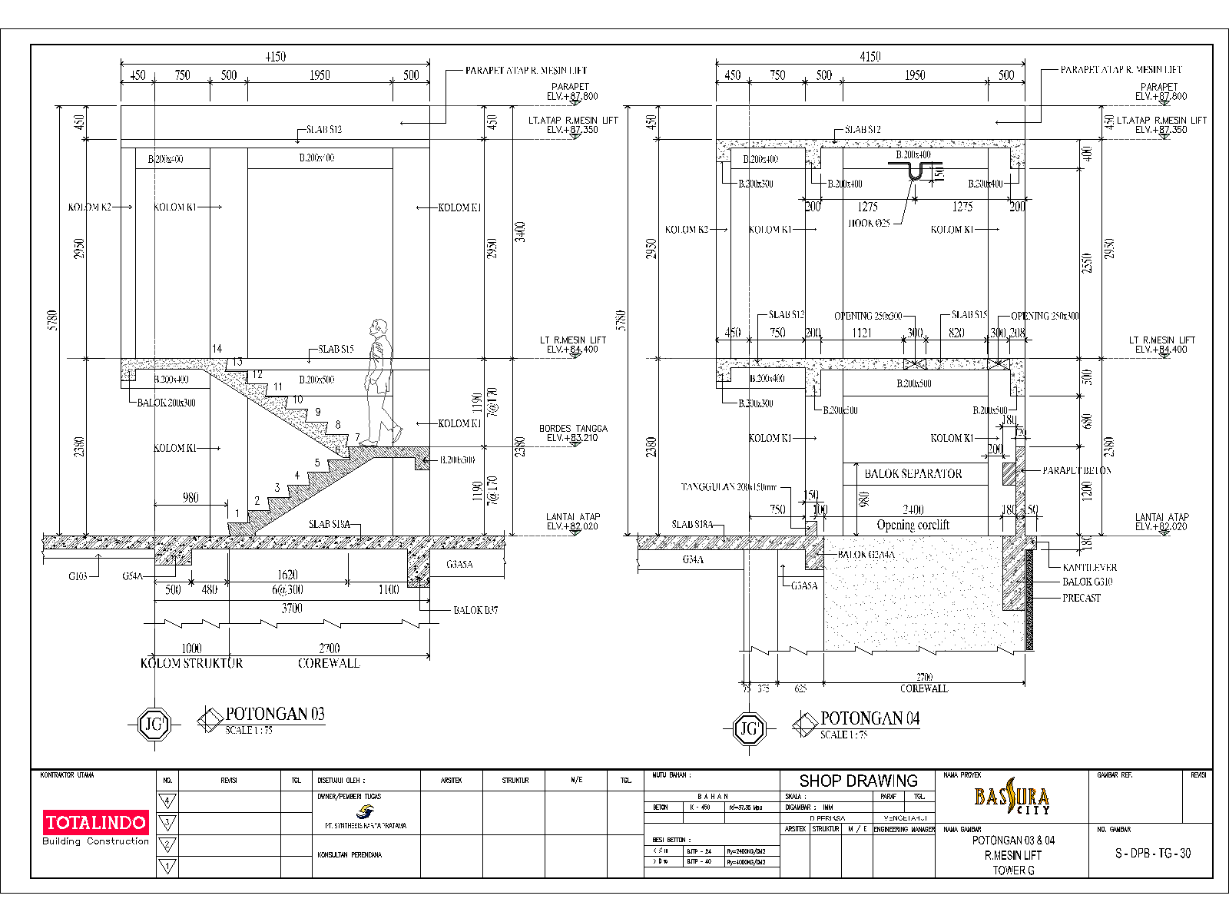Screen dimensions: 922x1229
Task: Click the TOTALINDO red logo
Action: coord(96,822)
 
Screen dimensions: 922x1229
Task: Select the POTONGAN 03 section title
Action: coord(275,714)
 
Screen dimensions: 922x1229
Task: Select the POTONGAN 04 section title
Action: coord(870,718)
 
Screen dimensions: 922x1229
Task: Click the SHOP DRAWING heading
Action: coord(858,781)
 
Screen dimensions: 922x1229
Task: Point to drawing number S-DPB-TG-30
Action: coord(1152,854)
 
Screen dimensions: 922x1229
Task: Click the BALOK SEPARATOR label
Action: coord(913,474)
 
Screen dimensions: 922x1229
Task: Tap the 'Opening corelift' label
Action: coord(913,525)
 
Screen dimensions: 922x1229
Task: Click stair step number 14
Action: coord(217,349)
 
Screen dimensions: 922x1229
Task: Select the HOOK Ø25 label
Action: coord(869,223)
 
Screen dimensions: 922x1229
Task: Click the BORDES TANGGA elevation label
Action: coord(573,433)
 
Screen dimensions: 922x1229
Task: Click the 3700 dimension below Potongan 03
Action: coord(292,608)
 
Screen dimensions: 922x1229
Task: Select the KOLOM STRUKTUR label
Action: coord(191,663)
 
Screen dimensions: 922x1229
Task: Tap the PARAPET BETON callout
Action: coord(1076,470)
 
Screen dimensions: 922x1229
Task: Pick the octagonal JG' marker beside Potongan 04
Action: coord(749,728)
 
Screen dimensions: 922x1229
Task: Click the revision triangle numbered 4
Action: coord(167,801)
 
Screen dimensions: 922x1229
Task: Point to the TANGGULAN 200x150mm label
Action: coord(729,487)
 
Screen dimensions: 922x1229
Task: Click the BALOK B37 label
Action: coord(475,610)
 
